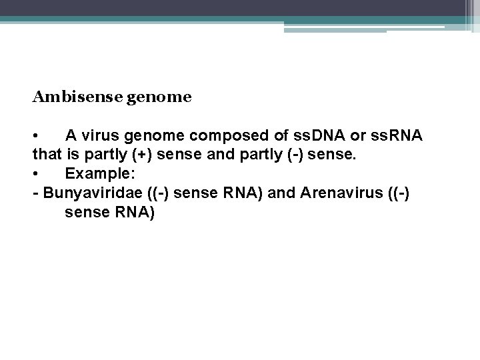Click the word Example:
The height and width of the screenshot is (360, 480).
(97, 175)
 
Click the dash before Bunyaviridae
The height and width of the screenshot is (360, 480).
(35, 194)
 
